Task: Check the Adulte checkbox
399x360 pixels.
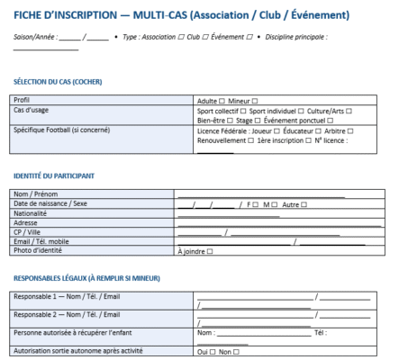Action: (x=222, y=100)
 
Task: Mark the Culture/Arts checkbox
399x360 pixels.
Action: (x=348, y=110)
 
